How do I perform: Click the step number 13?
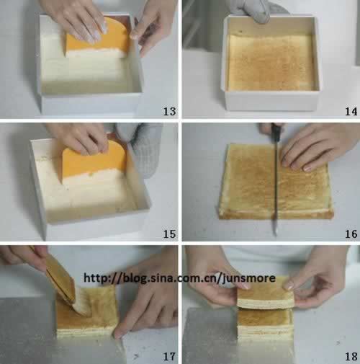(x=169, y=111)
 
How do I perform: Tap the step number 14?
(x=351, y=111)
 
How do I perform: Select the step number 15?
(x=169, y=234)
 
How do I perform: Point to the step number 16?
(x=351, y=234)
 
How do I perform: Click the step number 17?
(x=169, y=357)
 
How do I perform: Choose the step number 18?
(x=351, y=357)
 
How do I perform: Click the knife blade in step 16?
(x=276, y=192)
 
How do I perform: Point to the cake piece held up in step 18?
(x=266, y=297)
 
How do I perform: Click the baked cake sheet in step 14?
(x=271, y=63)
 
